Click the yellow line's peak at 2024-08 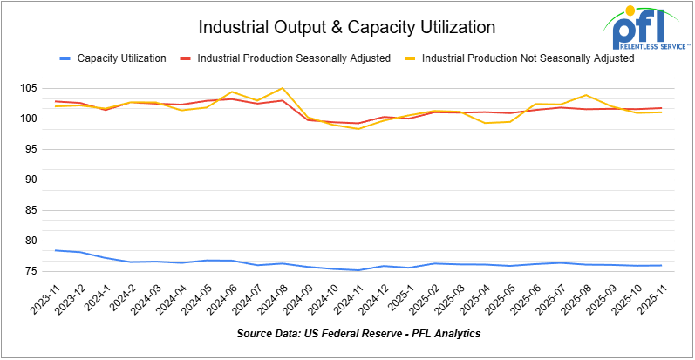[x=282, y=88]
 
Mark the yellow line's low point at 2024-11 [x=358, y=129]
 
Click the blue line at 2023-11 [x=55, y=250]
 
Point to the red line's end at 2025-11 [x=660, y=108]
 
